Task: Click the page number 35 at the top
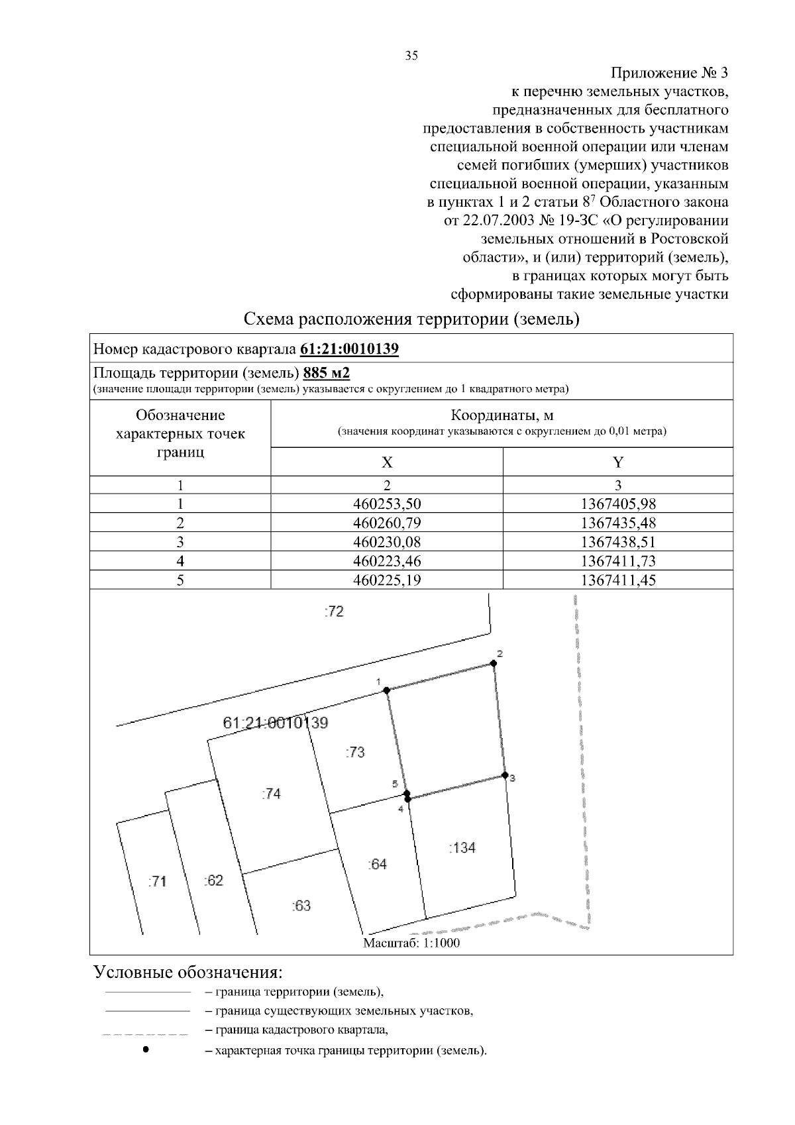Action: (x=411, y=56)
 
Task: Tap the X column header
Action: (x=387, y=462)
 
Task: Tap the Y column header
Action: (x=617, y=462)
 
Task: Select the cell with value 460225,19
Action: (x=387, y=580)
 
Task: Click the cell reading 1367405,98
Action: (x=617, y=504)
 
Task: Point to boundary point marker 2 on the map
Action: (x=494, y=663)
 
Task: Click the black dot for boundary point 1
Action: (x=386, y=690)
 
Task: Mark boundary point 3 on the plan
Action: (x=504, y=775)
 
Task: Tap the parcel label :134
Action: (x=462, y=847)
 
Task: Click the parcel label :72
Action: (x=334, y=612)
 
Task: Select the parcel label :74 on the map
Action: (x=271, y=794)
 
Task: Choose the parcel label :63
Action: (x=301, y=906)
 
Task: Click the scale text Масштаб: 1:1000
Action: (x=411, y=943)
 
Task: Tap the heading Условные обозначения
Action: (x=188, y=972)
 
